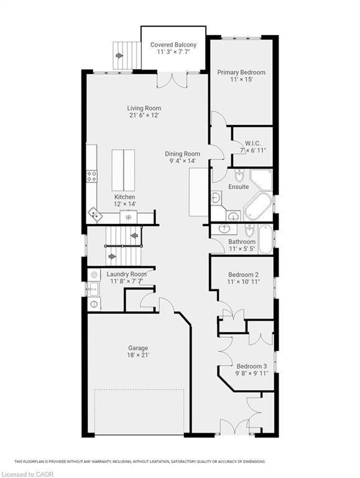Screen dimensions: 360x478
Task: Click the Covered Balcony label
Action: pos(173,45)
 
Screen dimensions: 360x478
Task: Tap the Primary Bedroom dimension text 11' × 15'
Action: pos(241,80)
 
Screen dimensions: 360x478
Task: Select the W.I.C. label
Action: pos(252,143)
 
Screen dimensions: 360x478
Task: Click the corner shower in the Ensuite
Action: pos(261,180)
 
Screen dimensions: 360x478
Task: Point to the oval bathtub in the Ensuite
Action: pos(257,207)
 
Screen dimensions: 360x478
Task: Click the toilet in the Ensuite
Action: pos(239,175)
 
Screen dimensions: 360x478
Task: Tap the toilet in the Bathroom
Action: pos(249,231)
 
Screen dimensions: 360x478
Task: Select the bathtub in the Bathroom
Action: pos(265,239)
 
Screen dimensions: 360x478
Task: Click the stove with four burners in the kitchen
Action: pos(91,176)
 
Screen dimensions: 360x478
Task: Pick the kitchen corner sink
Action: pos(95,214)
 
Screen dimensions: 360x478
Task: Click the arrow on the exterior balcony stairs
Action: pos(119,56)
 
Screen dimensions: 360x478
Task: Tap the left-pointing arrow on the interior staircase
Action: pos(134,236)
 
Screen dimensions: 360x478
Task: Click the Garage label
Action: pos(138,348)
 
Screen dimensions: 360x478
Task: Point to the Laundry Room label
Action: pos(126,274)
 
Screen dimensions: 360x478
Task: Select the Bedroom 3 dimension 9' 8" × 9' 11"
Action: pos(252,373)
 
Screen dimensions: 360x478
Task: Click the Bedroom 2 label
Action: pos(243,274)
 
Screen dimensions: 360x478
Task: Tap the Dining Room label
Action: pos(182,154)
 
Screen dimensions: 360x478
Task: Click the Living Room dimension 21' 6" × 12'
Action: pos(144,116)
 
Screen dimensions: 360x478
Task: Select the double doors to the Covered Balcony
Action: pos(172,80)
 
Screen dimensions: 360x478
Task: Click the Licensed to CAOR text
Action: pos(27,474)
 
